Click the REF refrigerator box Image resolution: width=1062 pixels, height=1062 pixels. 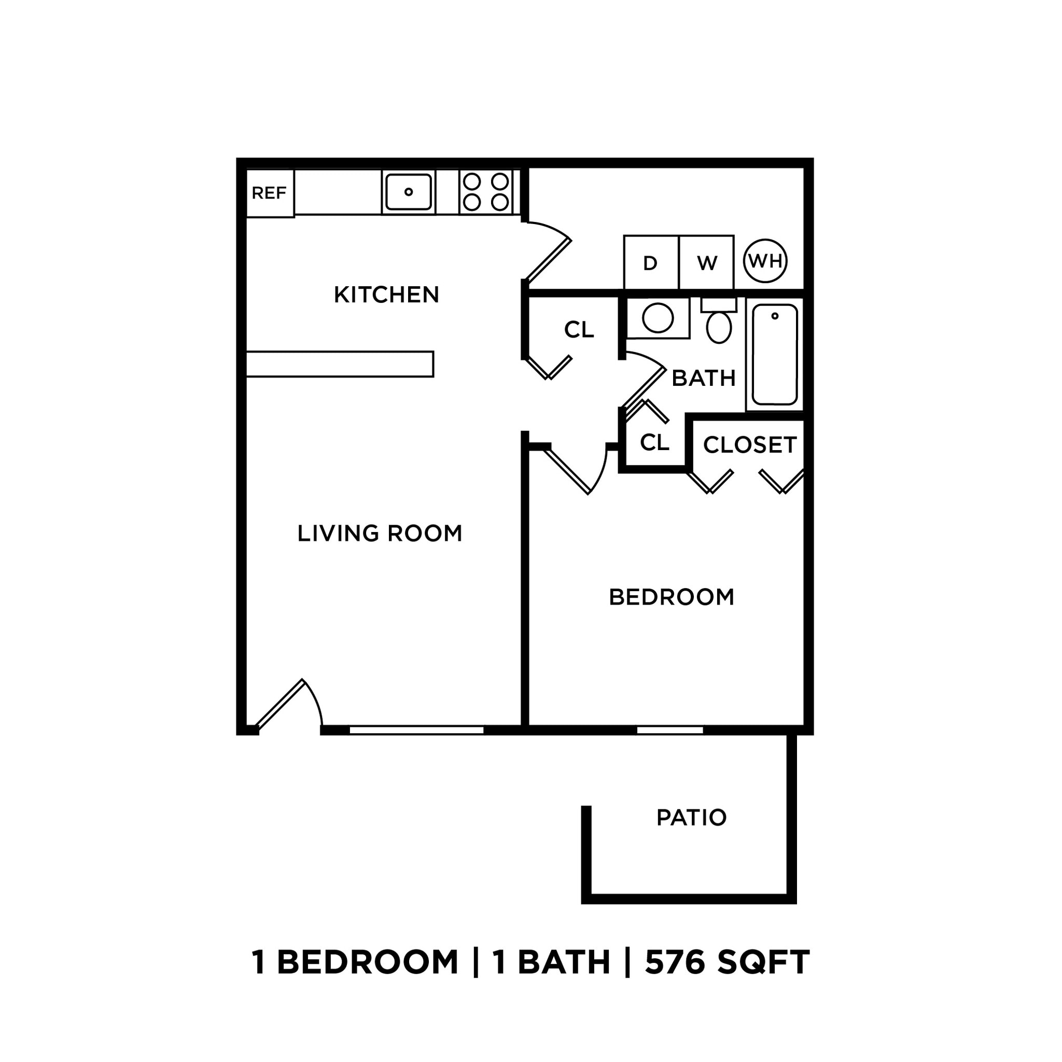[269, 193]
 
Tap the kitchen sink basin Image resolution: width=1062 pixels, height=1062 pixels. [408, 192]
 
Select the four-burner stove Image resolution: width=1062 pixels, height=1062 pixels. [486, 192]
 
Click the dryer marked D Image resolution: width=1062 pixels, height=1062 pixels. [651, 263]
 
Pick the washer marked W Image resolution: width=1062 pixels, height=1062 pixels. [706, 263]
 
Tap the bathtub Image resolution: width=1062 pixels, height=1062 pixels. [775, 355]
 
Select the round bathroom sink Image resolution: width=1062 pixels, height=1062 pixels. [658, 318]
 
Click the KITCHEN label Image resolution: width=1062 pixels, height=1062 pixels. [386, 295]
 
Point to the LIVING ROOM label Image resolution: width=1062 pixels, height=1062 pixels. [380, 533]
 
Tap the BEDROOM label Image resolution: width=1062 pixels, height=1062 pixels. [671, 597]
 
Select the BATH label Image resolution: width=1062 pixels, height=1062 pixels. [704, 378]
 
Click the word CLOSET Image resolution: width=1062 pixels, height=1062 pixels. [750, 445]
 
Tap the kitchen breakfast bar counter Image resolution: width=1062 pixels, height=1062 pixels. [340, 364]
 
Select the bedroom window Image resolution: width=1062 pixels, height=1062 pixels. [670, 730]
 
